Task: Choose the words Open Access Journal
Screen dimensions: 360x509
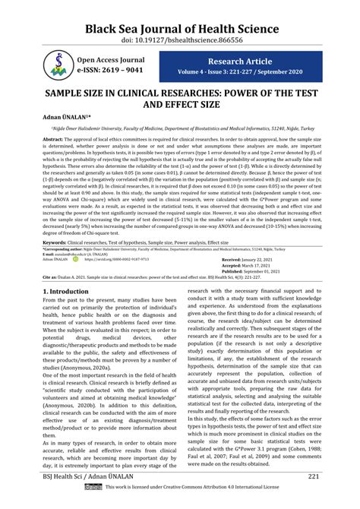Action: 110,58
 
